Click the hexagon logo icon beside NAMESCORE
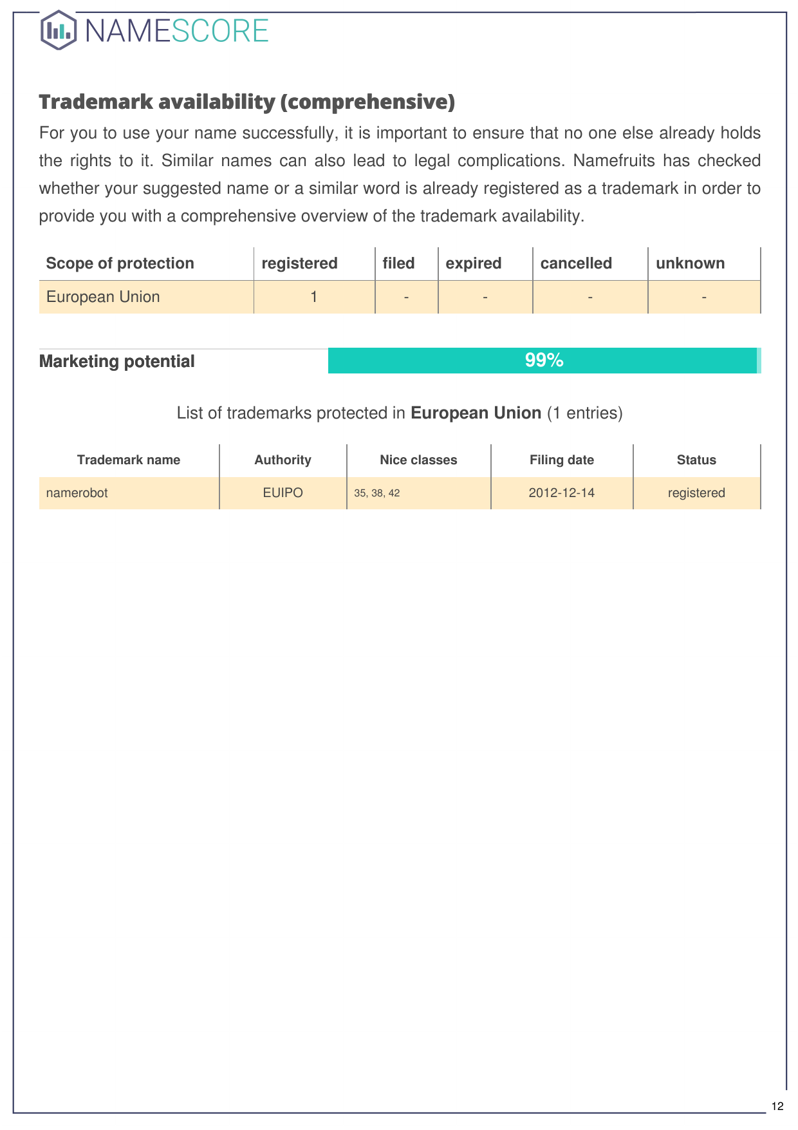tap(59, 30)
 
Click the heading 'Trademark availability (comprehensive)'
tap(246, 102)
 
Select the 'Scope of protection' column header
tap(120, 263)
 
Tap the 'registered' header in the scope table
tap(299, 263)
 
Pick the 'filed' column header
tap(398, 263)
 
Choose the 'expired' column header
tap(473, 263)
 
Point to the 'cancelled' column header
tap(576, 263)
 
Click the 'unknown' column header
tap(690, 263)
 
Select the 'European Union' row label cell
tap(103, 297)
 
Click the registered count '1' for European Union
tap(314, 297)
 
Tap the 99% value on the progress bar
tap(544, 361)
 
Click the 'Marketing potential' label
tap(116, 361)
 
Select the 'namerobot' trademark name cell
tap(77, 493)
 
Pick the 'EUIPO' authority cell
tap(283, 493)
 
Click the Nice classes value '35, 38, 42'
tap(376, 493)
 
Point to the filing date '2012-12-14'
tap(561, 493)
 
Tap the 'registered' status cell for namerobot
tap(696, 493)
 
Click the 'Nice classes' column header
tap(418, 460)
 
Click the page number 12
tap(777, 1106)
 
